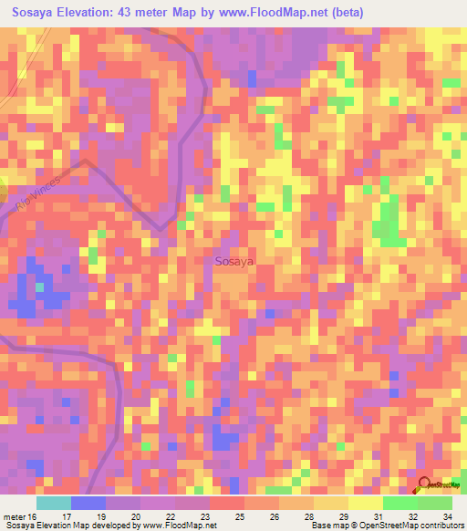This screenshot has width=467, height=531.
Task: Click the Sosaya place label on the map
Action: [234, 261]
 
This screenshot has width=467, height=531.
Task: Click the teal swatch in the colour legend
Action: [54, 503]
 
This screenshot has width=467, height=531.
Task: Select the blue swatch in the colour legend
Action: [88, 503]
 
